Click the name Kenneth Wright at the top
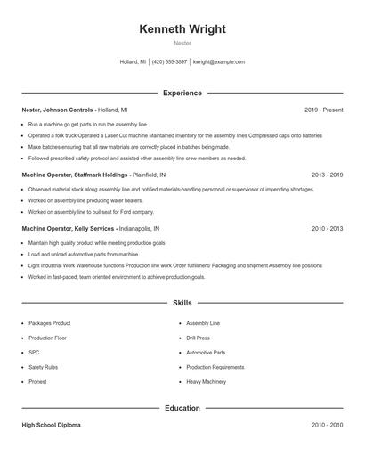182,29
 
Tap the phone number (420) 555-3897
169,62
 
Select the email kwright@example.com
219,62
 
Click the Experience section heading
182,93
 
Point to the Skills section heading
182,304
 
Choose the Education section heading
182,409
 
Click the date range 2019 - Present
323,110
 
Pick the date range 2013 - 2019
327,175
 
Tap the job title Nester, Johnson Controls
58,110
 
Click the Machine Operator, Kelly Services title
67,229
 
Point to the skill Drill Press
198,338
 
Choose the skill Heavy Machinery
206,381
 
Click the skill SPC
33,352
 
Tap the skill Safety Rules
43,367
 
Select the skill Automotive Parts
206,352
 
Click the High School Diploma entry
51,426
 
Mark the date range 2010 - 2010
327,426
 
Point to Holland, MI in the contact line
133,62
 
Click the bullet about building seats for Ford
91,212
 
